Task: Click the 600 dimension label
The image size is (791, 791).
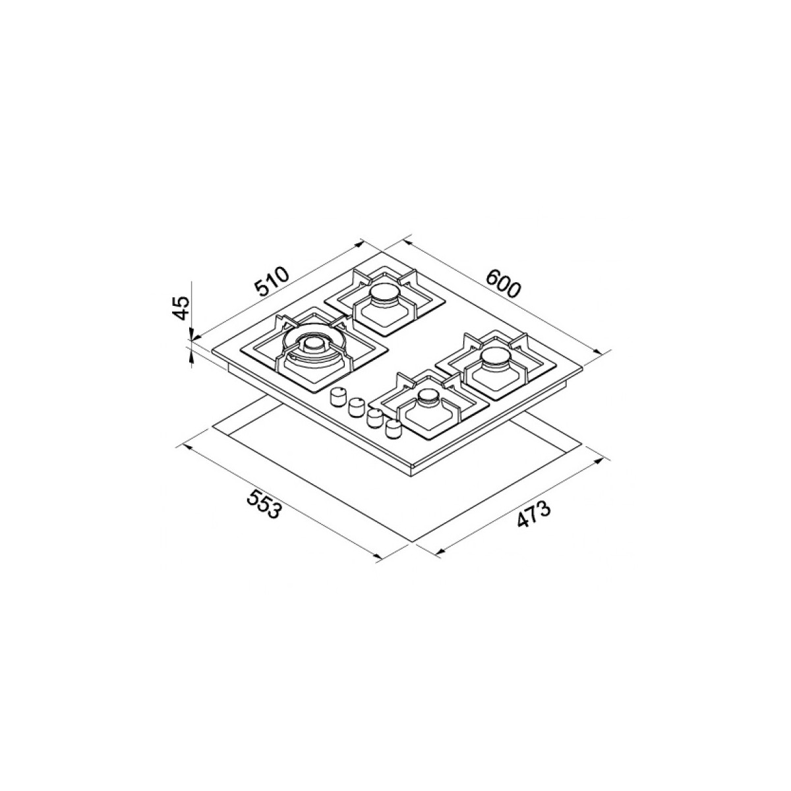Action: click(503, 283)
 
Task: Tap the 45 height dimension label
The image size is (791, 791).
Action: click(181, 308)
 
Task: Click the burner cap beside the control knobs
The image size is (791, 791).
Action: click(428, 397)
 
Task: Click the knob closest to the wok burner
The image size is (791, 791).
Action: click(337, 397)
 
